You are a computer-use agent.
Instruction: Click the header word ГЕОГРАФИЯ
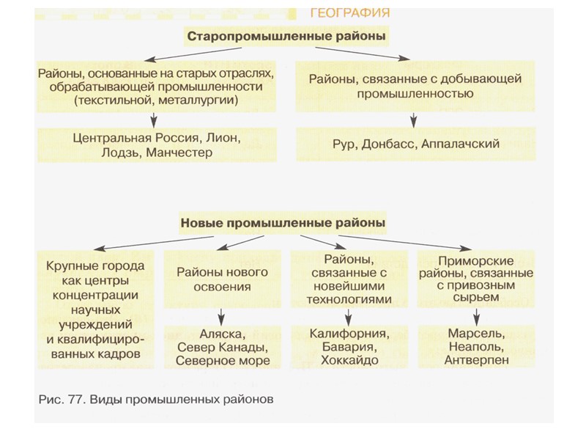coord(349,12)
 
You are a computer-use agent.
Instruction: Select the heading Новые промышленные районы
coord(283,220)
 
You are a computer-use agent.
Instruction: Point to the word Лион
coord(221,138)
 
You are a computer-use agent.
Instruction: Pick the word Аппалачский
coord(461,144)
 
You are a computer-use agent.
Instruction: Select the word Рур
coord(344,144)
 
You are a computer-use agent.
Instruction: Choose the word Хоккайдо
coord(349,360)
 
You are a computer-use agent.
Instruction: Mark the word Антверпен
coord(475,360)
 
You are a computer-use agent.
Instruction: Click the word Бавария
coord(349,346)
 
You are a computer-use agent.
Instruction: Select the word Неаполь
coord(475,346)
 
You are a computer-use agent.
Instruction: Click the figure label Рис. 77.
coord(59,400)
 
